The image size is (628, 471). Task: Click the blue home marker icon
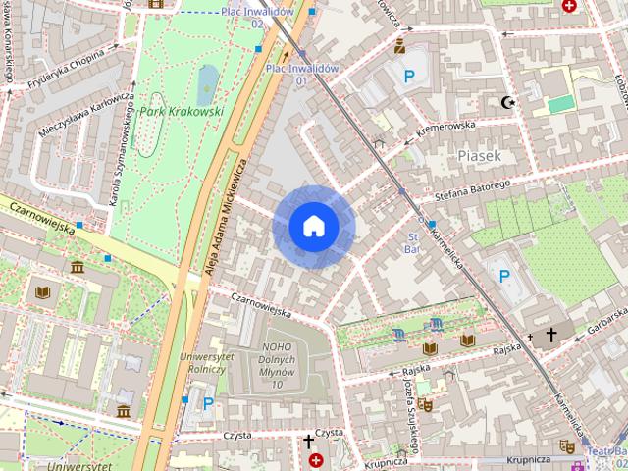pyautogui.click(x=313, y=227)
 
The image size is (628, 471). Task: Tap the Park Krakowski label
pyautogui.click(x=181, y=112)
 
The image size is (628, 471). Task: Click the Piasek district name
pyautogui.click(x=479, y=155)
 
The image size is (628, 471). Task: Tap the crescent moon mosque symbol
pyautogui.click(x=507, y=102)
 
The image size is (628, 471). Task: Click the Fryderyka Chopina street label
pyautogui.click(x=67, y=69)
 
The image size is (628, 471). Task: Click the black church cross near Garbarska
pyautogui.click(x=550, y=336)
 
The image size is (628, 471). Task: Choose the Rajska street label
pyautogui.click(x=506, y=349)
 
